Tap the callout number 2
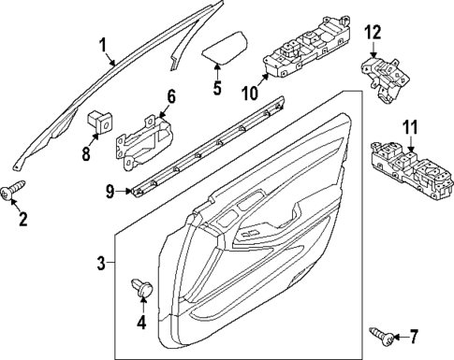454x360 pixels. (x=22, y=221)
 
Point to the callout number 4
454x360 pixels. (x=142, y=324)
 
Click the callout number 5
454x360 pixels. (x=216, y=90)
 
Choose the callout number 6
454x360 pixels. (x=171, y=96)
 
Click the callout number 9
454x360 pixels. (x=110, y=192)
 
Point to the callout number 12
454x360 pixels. (x=373, y=34)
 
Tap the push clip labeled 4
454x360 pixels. (x=143, y=285)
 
